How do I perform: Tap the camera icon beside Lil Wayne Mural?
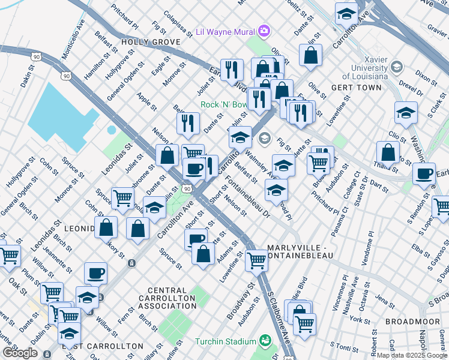pos(264,31)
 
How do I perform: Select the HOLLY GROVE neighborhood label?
pos(151,42)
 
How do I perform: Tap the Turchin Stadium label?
pos(225,342)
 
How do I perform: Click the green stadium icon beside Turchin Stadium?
pos(264,342)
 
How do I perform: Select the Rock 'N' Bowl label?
pos(224,104)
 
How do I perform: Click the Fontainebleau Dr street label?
pos(247,197)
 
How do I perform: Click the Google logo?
pos(20,353)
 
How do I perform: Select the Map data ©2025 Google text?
pos(412,355)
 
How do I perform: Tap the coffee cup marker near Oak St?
pos(95,274)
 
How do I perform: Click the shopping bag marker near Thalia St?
pos(388,153)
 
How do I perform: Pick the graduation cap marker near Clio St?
pos(406,113)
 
